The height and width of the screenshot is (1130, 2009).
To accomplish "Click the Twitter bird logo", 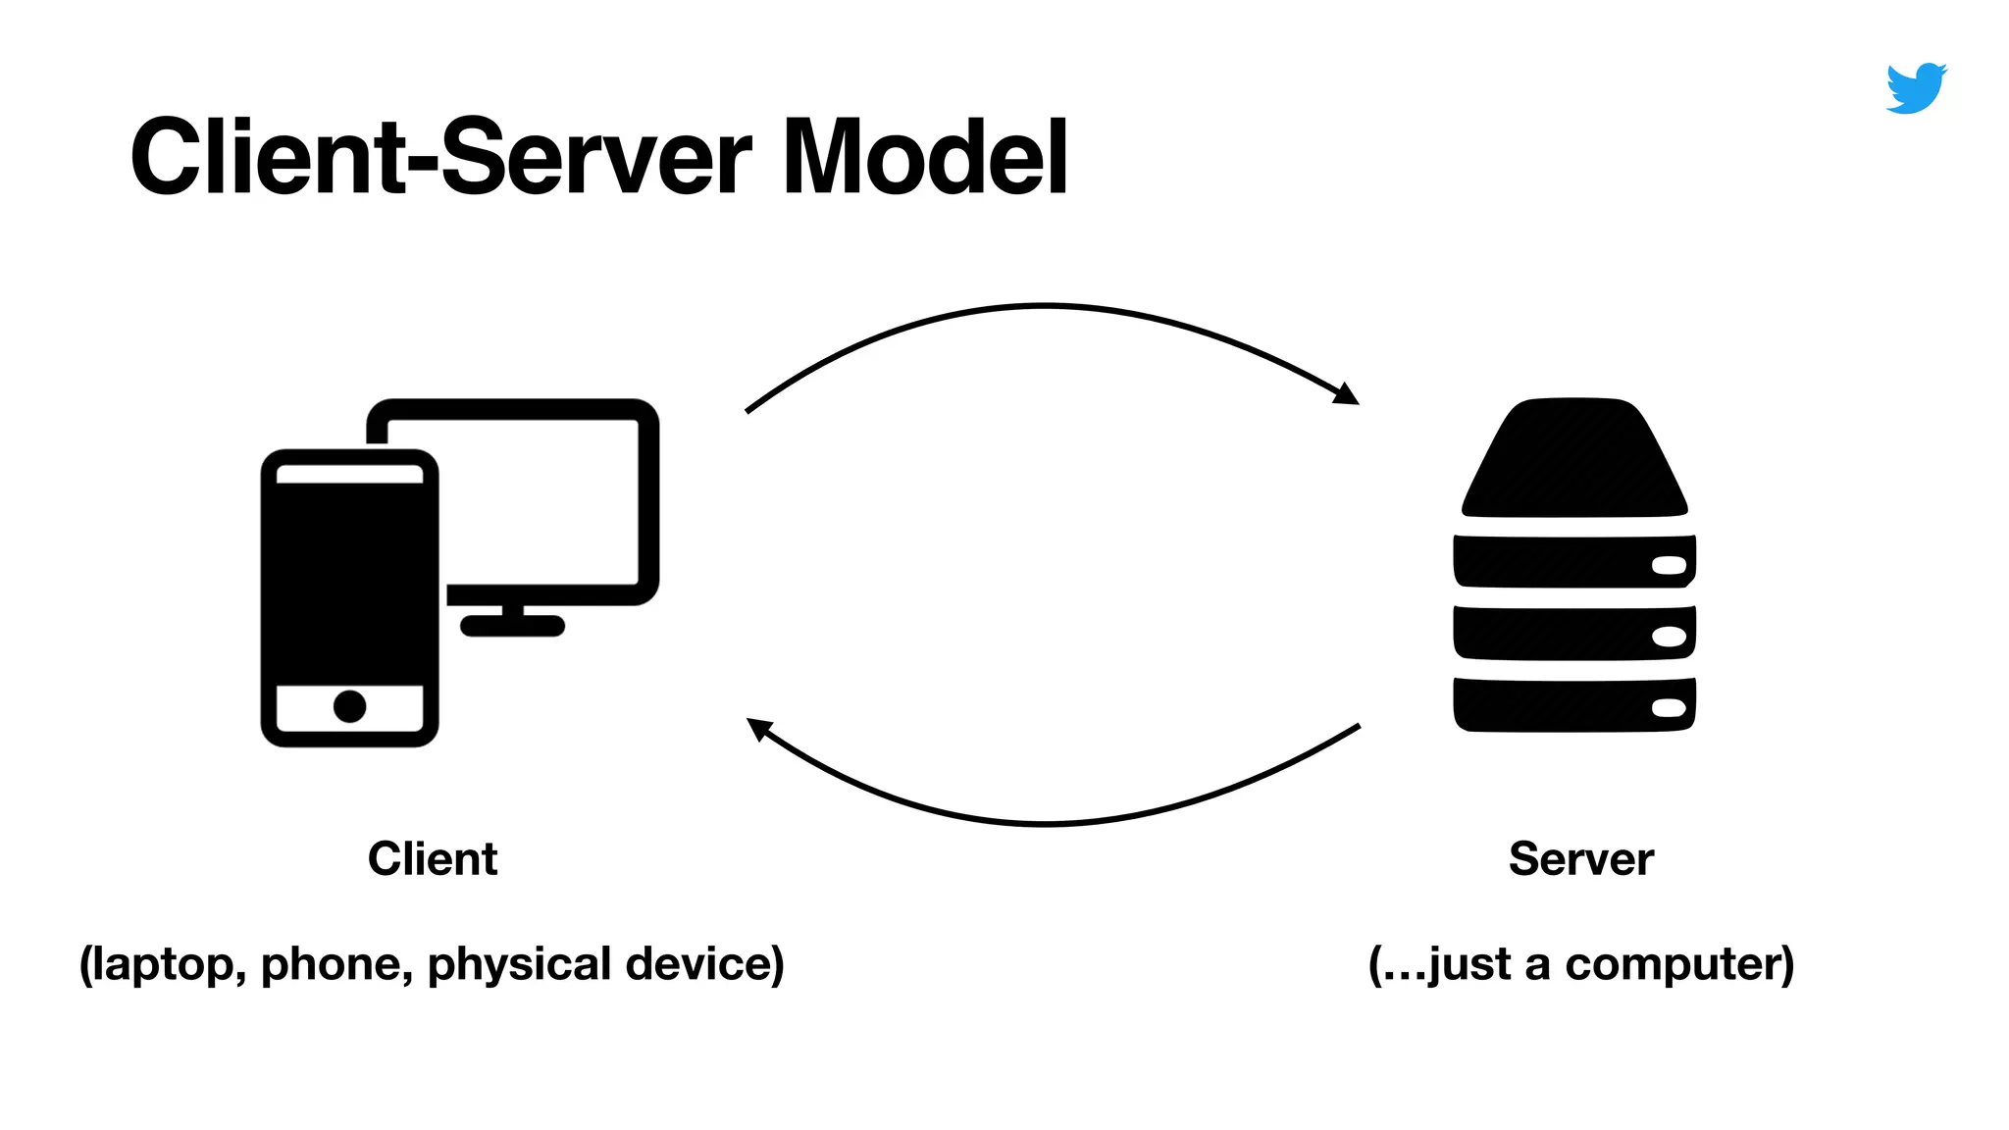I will click(1916, 88).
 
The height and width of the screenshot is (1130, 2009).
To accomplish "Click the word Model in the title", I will click(924, 158).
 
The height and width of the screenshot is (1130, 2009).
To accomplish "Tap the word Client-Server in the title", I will click(440, 158).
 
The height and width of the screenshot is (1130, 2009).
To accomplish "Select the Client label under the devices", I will click(433, 859).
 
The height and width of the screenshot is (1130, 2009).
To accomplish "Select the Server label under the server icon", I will click(1580, 859).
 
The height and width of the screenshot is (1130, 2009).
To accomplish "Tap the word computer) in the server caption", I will click(1678, 964).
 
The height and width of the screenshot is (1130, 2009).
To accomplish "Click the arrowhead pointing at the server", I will click(1347, 394).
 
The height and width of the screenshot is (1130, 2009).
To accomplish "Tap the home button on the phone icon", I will click(349, 706).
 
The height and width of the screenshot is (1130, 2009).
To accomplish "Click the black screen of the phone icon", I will click(349, 583).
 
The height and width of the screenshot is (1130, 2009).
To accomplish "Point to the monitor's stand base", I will click(512, 626).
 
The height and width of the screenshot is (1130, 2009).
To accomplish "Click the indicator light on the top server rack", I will click(1669, 566).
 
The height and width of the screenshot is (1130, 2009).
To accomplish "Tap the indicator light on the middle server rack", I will click(1669, 637).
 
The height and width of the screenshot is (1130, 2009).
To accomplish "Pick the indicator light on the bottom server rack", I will click(1669, 708).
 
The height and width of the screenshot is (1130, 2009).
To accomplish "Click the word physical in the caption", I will click(519, 964).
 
